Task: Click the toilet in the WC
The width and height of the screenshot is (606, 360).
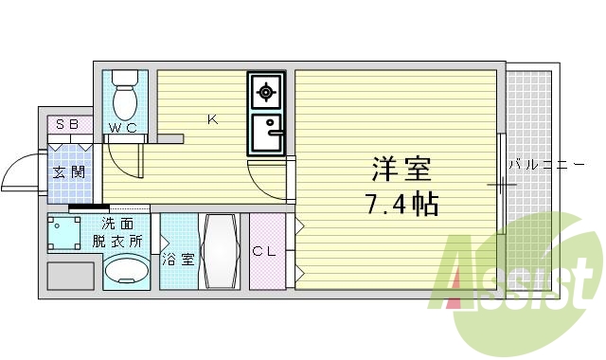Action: coord(125,94)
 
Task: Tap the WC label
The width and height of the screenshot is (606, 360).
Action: coord(122,127)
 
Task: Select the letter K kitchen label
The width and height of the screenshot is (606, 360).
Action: coord(213,119)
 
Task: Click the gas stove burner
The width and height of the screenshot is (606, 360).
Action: coord(265,92)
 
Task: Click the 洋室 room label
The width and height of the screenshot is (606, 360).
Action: coord(401,171)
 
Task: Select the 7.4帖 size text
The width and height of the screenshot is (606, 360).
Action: coord(401,203)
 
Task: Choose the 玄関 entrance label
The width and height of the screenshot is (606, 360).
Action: coord(68,172)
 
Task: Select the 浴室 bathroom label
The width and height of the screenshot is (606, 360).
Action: coord(178,258)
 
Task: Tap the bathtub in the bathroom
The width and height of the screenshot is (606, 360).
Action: coord(221,251)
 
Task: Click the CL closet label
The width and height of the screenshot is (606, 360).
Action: coord(265,252)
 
